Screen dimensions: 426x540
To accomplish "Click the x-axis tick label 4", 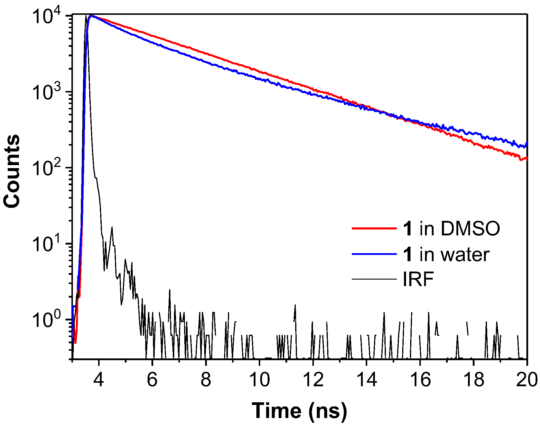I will point(99,380).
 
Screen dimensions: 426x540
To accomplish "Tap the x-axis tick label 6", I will point(152,380).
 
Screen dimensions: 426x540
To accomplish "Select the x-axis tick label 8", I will point(206,380).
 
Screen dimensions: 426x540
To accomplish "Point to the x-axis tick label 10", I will point(259,380).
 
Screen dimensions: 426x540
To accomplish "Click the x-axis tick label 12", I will point(313,380).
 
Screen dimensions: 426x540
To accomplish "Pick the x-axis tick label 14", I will point(367,380).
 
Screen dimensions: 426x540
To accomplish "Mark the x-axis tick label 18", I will point(474,380).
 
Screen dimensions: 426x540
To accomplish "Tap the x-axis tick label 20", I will point(526,380).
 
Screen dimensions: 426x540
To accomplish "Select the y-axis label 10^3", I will point(49,92).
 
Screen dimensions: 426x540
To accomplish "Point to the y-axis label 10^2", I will point(49,168).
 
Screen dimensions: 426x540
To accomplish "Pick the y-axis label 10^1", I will point(49,245).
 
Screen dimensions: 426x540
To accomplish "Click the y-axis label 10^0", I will point(49,320).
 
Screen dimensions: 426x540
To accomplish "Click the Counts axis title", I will point(12,171).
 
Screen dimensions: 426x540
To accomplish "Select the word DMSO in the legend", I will point(470,229).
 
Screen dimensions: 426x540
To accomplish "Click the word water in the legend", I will point(465,255).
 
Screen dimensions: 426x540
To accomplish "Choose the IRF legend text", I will point(418,279).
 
